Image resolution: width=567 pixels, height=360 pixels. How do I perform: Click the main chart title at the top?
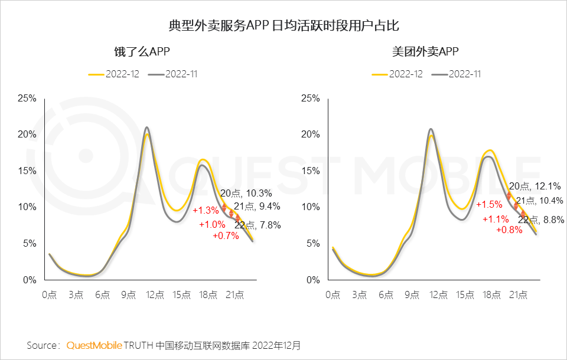[283, 26]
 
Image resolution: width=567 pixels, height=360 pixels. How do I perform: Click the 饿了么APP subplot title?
[142, 52]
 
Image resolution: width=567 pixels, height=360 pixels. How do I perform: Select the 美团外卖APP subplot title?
[425, 52]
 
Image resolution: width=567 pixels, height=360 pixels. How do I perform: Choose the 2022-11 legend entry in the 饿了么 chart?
[175, 74]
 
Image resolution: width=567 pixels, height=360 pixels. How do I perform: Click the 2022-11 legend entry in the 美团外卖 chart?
[458, 74]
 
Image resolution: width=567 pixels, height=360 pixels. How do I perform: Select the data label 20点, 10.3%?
[246, 193]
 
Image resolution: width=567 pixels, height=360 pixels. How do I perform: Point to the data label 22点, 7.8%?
[258, 225]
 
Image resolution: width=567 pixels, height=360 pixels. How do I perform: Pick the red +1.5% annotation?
[488, 204]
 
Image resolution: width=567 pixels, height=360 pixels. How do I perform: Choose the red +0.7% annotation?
[226, 236]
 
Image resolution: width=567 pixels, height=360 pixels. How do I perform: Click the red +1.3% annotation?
[205, 210]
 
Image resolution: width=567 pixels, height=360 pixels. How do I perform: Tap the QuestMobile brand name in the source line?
[94, 345]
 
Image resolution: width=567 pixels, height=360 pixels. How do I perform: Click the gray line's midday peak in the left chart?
[146, 127]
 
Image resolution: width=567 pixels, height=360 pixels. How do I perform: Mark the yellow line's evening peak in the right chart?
[489, 150]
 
